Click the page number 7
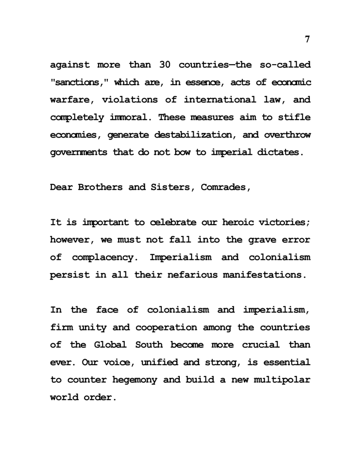click(x=307, y=39)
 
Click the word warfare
click(x=72, y=100)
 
